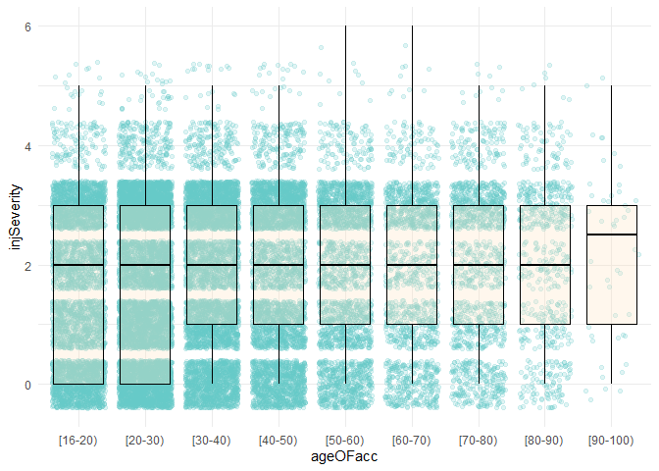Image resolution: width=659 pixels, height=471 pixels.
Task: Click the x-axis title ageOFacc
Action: (344, 457)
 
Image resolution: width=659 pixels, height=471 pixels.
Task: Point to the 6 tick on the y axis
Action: (29, 27)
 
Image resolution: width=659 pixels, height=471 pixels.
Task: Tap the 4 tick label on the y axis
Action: (29, 146)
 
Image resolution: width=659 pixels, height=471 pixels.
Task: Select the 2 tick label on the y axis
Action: (29, 265)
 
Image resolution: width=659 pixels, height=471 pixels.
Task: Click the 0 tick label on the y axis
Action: (29, 385)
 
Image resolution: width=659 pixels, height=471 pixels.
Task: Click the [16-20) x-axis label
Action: (78, 440)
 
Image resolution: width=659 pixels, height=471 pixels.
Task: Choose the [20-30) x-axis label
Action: (145, 440)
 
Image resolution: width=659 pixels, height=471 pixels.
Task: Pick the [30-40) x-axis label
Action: (212, 440)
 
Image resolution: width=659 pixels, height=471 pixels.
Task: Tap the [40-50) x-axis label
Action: (279, 440)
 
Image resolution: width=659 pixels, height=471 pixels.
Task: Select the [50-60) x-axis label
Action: (345, 440)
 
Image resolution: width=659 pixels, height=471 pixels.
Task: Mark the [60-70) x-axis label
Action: (412, 440)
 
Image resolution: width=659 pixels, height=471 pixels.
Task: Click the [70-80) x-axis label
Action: (479, 440)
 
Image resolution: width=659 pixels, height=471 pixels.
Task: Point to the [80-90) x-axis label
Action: (545, 440)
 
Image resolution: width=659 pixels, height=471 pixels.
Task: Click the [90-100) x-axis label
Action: (612, 440)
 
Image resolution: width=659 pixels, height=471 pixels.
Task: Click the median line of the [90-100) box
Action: (612, 235)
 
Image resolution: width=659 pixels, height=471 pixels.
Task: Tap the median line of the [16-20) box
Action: (78, 265)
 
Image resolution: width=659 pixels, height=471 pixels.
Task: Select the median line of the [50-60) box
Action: (345, 265)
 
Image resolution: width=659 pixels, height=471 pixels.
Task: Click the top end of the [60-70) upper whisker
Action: (412, 26)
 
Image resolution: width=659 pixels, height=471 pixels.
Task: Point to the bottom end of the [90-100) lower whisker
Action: (612, 384)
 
